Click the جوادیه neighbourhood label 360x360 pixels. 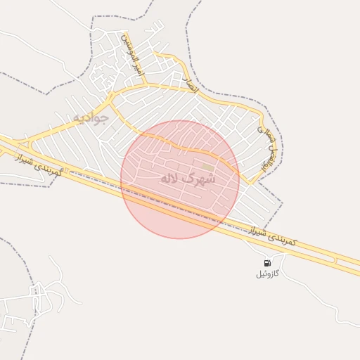tap(91, 117)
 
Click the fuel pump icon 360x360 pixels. tap(266, 264)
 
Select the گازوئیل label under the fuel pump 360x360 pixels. tap(267, 274)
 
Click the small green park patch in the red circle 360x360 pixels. tap(207, 167)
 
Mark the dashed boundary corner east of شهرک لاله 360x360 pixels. tap(283, 205)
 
